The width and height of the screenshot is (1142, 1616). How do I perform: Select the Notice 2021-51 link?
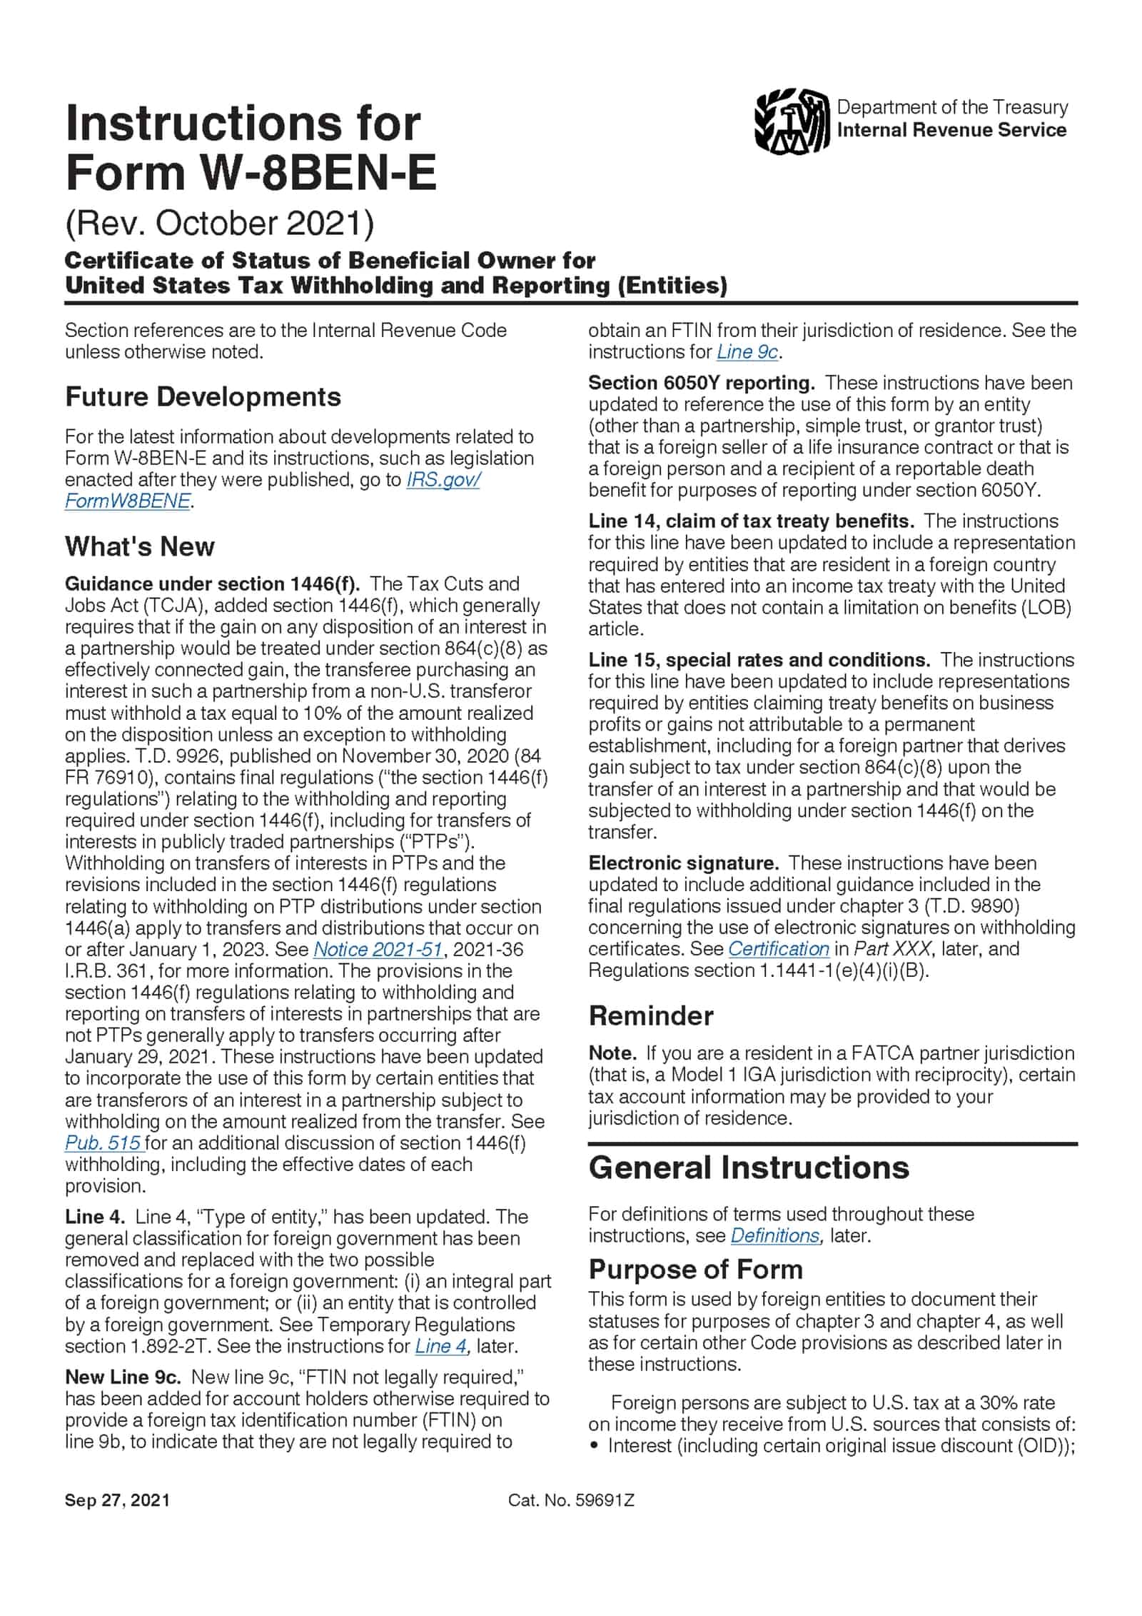click(x=378, y=950)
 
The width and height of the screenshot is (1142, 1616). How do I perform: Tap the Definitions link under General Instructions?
click(x=775, y=1235)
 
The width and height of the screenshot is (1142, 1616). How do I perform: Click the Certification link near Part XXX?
click(x=778, y=949)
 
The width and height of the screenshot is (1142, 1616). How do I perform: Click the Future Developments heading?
click(x=203, y=397)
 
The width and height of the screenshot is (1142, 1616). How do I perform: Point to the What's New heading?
click(x=139, y=547)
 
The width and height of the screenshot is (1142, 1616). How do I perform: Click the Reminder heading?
click(x=650, y=1015)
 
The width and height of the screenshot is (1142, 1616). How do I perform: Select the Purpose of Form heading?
click(x=695, y=1269)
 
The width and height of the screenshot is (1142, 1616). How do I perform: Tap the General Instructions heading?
click(x=749, y=1168)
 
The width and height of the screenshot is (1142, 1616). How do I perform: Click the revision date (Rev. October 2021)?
click(x=219, y=224)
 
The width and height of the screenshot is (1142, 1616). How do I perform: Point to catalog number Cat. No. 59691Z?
click(x=571, y=1500)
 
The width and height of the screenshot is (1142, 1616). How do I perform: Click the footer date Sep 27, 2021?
click(x=117, y=1500)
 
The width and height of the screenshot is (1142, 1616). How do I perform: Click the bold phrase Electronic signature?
click(x=683, y=863)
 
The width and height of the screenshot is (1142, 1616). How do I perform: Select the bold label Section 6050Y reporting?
click(x=701, y=383)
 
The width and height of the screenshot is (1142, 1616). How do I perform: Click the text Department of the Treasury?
click(x=952, y=107)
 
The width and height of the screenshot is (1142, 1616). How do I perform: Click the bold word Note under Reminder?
click(x=611, y=1053)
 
